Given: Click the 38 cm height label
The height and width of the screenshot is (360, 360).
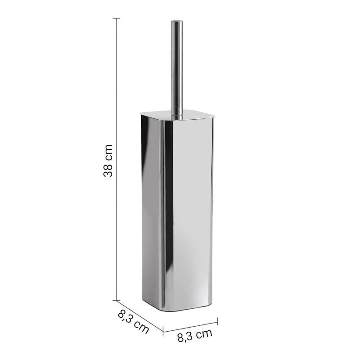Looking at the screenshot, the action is click(108, 161).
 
